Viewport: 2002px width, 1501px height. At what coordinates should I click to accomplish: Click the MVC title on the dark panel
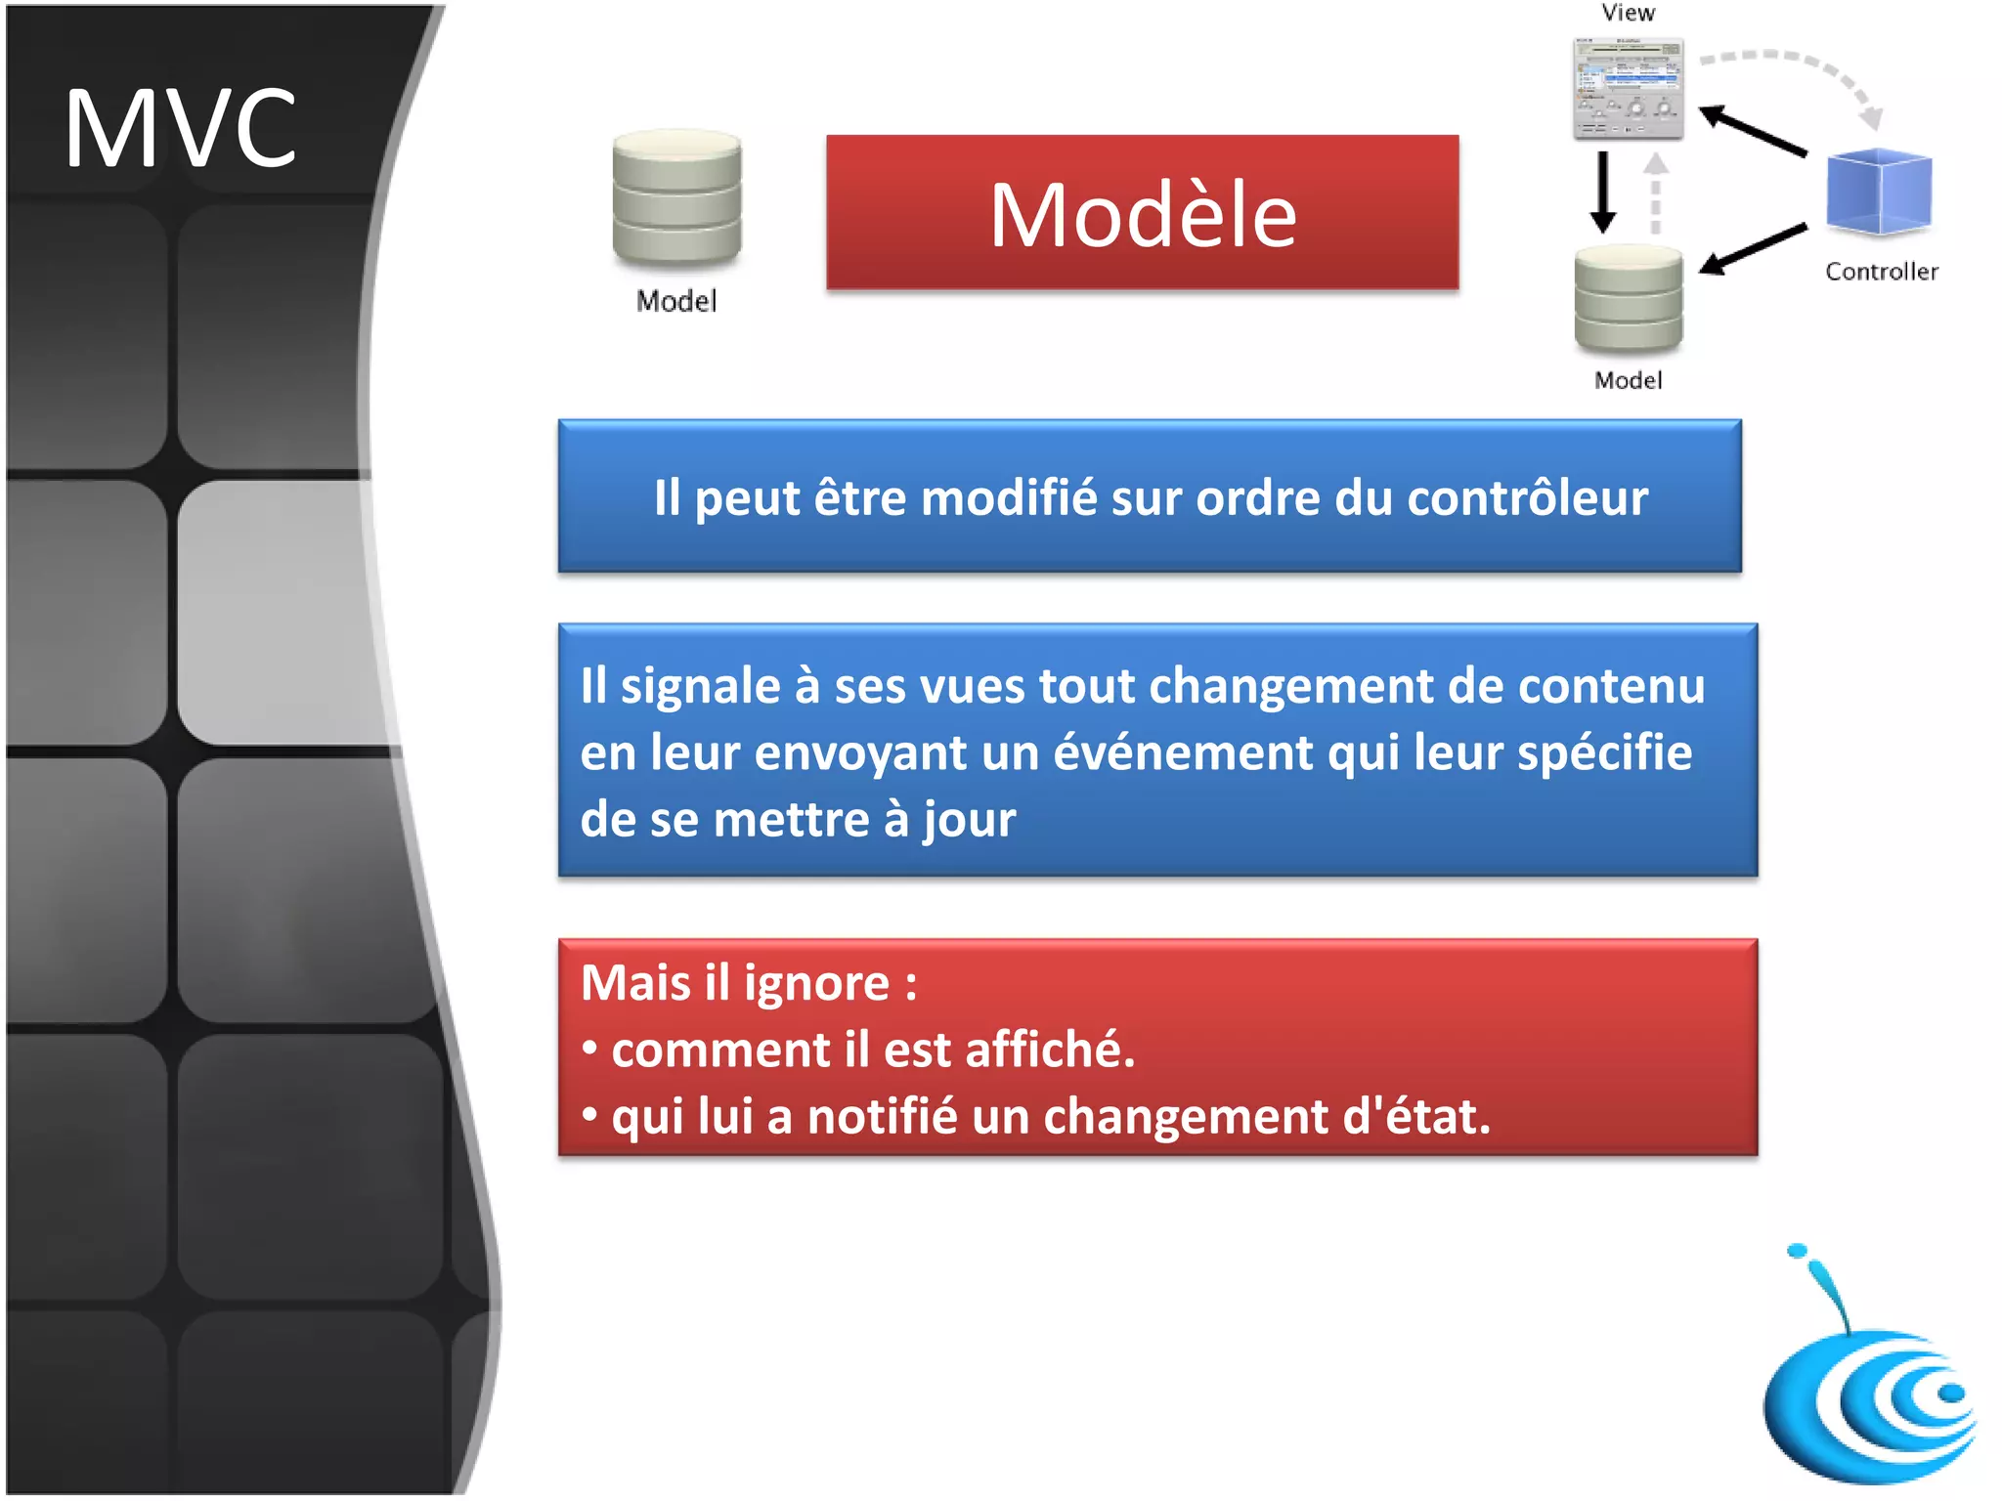pos(180,128)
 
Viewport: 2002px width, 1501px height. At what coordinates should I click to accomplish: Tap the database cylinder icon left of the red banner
pos(676,198)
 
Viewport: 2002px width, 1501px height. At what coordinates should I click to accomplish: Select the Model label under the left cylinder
pos(676,301)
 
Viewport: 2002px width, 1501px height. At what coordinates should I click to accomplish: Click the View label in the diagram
pos(1628,13)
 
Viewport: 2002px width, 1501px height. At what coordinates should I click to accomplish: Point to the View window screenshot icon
pos(1628,88)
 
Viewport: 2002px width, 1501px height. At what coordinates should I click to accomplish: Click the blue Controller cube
pos(1878,191)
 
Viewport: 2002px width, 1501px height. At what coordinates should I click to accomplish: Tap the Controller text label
pos(1881,272)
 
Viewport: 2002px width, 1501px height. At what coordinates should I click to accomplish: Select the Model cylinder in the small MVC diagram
pos(1628,299)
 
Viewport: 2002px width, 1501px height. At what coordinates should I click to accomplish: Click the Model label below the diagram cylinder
pos(1628,380)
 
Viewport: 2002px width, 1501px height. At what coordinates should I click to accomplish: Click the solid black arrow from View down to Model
pos(1602,192)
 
